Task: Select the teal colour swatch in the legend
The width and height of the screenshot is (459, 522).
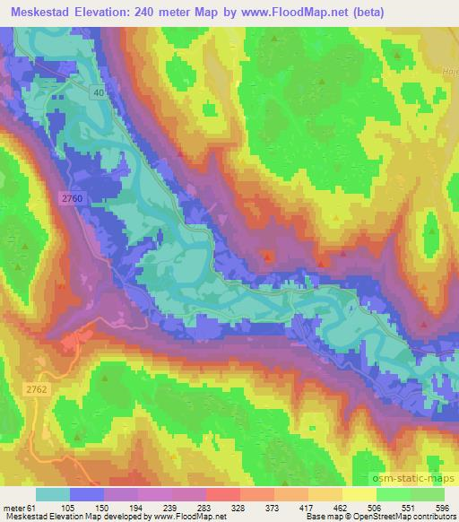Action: (53, 495)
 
